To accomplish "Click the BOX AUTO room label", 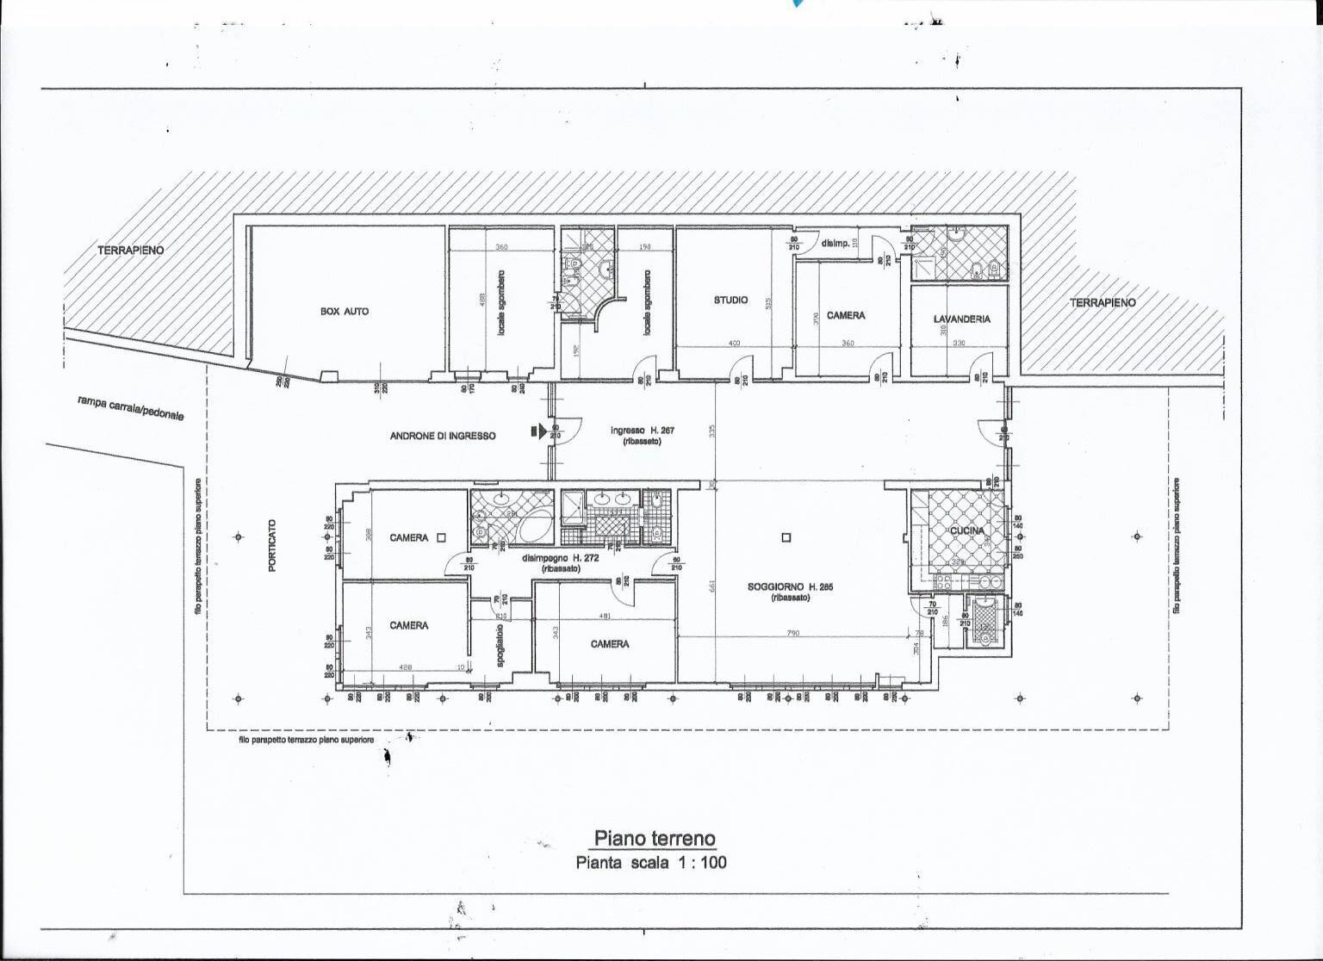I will [x=344, y=311].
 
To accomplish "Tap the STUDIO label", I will [x=730, y=301].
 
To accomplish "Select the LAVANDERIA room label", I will [x=961, y=319].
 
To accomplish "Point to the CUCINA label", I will [x=966, y=531].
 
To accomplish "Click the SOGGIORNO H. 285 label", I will [x=777, y=587].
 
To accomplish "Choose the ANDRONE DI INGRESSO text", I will [x=443, y=437].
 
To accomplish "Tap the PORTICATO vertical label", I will [x=272, y=547].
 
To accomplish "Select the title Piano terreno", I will [x=654, y=839].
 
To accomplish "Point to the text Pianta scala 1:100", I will [x=651, y=862].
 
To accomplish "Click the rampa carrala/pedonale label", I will [x=130, y=407].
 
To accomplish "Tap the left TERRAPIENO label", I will [x=130, y=250].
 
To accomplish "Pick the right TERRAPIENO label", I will [x=1102, y=302].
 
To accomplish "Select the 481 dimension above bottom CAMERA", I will [x=605, y=616].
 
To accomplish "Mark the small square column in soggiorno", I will [x=786, y=538].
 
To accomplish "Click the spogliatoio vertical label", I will [x=500, y=642].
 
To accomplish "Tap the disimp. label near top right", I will [x=835, y=244].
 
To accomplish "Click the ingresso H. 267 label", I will [x=643, y=431].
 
